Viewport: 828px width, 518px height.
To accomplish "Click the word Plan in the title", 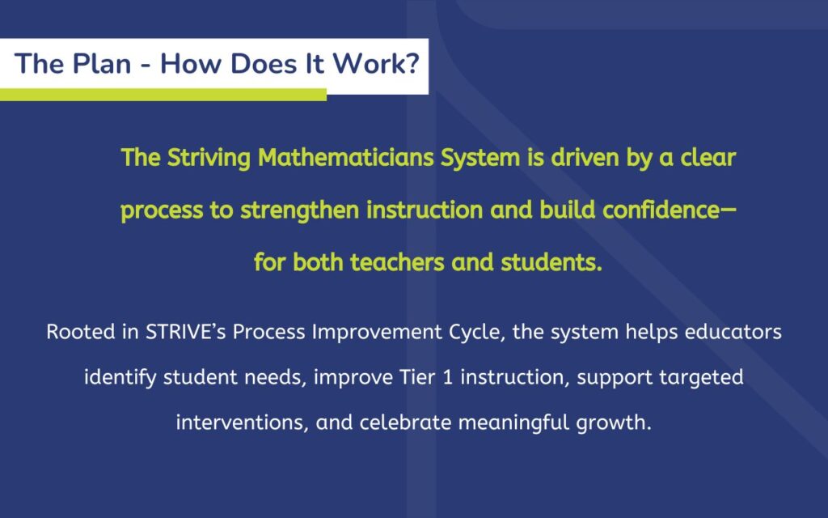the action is pos(101,64).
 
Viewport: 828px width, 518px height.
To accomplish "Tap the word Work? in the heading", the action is pos(375,64).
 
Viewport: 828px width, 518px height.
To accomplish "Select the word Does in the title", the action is pos(264,64).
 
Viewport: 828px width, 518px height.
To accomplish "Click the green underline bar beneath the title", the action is pos(163,95).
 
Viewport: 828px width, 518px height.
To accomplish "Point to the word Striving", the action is pos(209,158).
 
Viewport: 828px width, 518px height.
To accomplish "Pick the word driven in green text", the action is pos(585,158).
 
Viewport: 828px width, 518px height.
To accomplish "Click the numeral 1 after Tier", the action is pos(448,377).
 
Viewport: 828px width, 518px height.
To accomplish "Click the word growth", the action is pos(614,423).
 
